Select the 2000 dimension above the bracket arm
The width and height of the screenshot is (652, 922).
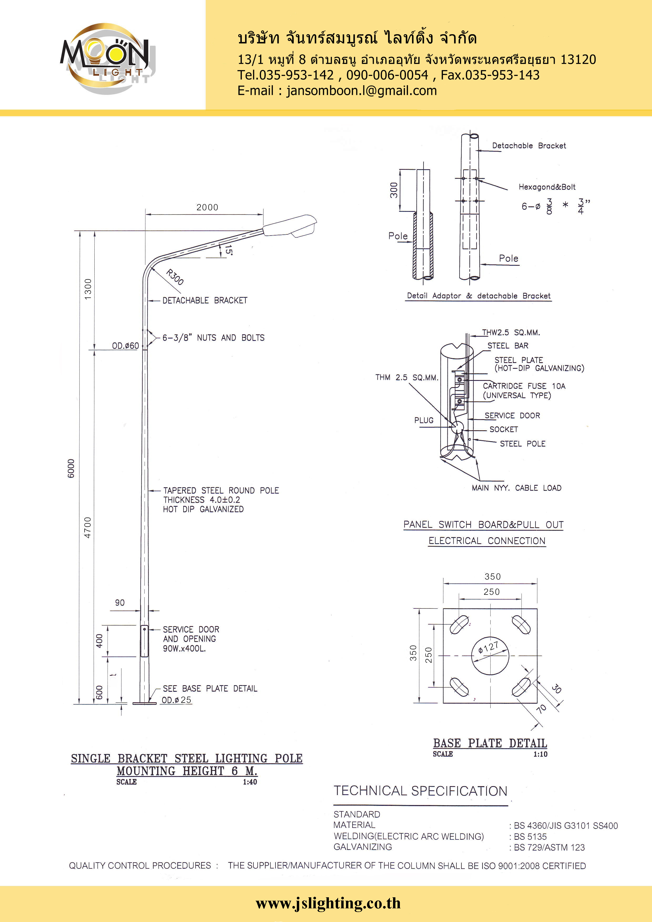point(207,207)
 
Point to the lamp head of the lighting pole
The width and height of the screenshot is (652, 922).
point(290,226)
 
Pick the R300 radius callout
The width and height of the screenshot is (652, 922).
point(175,277)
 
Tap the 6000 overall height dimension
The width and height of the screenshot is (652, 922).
point(71,468)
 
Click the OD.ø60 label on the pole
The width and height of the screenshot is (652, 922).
point(125,346)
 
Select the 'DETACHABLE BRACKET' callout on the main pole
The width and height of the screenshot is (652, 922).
point(205,300)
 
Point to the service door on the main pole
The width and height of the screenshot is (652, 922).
point(145,641)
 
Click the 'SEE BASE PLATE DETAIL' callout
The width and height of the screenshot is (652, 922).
point(210,689)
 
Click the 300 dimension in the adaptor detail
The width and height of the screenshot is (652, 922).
point(394,190)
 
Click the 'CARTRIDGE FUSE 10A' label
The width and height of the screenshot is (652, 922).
point(524,386)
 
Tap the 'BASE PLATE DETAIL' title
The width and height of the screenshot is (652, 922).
point(490,743)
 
